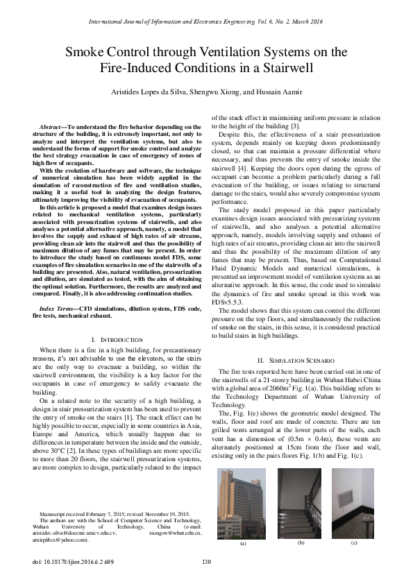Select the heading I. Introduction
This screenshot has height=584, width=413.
[x=117, y=338]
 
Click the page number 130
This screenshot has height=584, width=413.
[x=206, y=562]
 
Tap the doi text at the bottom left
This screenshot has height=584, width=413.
[x=67, y=562]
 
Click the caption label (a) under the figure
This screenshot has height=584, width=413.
[x=243, y=544]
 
